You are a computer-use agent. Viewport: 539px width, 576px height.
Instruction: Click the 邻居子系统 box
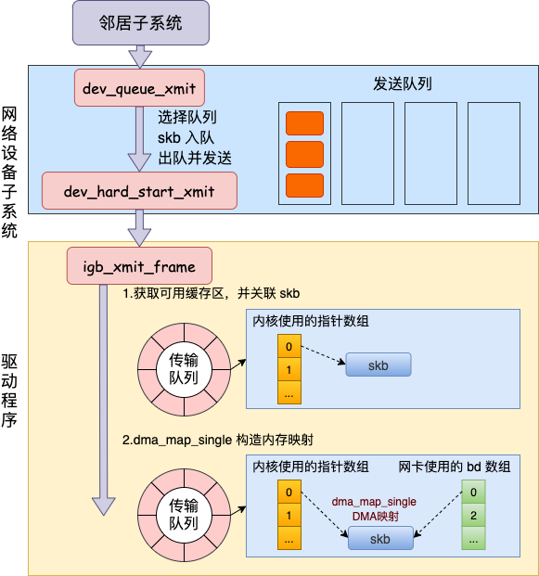click(141, 23)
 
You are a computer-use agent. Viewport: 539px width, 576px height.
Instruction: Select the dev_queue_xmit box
click(139, 88)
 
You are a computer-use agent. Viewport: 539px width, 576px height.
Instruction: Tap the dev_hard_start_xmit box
click(139, 191)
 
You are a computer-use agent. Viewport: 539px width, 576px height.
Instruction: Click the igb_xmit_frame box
click(139, 265)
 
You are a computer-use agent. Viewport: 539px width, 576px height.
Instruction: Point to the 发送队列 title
click(403, 84)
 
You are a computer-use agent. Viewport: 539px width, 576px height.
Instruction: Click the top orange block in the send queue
click(305, 123)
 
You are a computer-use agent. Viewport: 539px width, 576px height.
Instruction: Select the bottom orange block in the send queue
click(305, 186)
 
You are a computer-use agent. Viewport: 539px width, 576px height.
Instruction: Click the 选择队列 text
click(187, 118)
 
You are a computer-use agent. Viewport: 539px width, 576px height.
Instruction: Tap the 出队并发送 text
click(195, 159)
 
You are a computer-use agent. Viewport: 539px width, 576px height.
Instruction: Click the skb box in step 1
click(379, 365)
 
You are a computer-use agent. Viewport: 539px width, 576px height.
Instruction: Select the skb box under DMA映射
click(380, 538)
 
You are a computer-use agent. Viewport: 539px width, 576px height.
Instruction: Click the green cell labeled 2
click(474, 515)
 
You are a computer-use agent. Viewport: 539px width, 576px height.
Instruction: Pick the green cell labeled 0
click(474, 492)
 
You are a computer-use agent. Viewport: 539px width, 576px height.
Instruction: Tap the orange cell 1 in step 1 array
click(289, 369)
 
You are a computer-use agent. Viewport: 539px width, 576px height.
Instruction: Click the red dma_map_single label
click(374, 502)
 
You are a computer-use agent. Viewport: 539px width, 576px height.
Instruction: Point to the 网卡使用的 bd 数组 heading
click(455, 467)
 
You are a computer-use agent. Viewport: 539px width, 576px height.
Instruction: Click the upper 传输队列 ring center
click(184, 369)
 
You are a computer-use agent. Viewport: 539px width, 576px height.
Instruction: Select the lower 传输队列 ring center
click(184, 515)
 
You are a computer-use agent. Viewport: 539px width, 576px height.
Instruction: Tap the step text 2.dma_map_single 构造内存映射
click(217, 440)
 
